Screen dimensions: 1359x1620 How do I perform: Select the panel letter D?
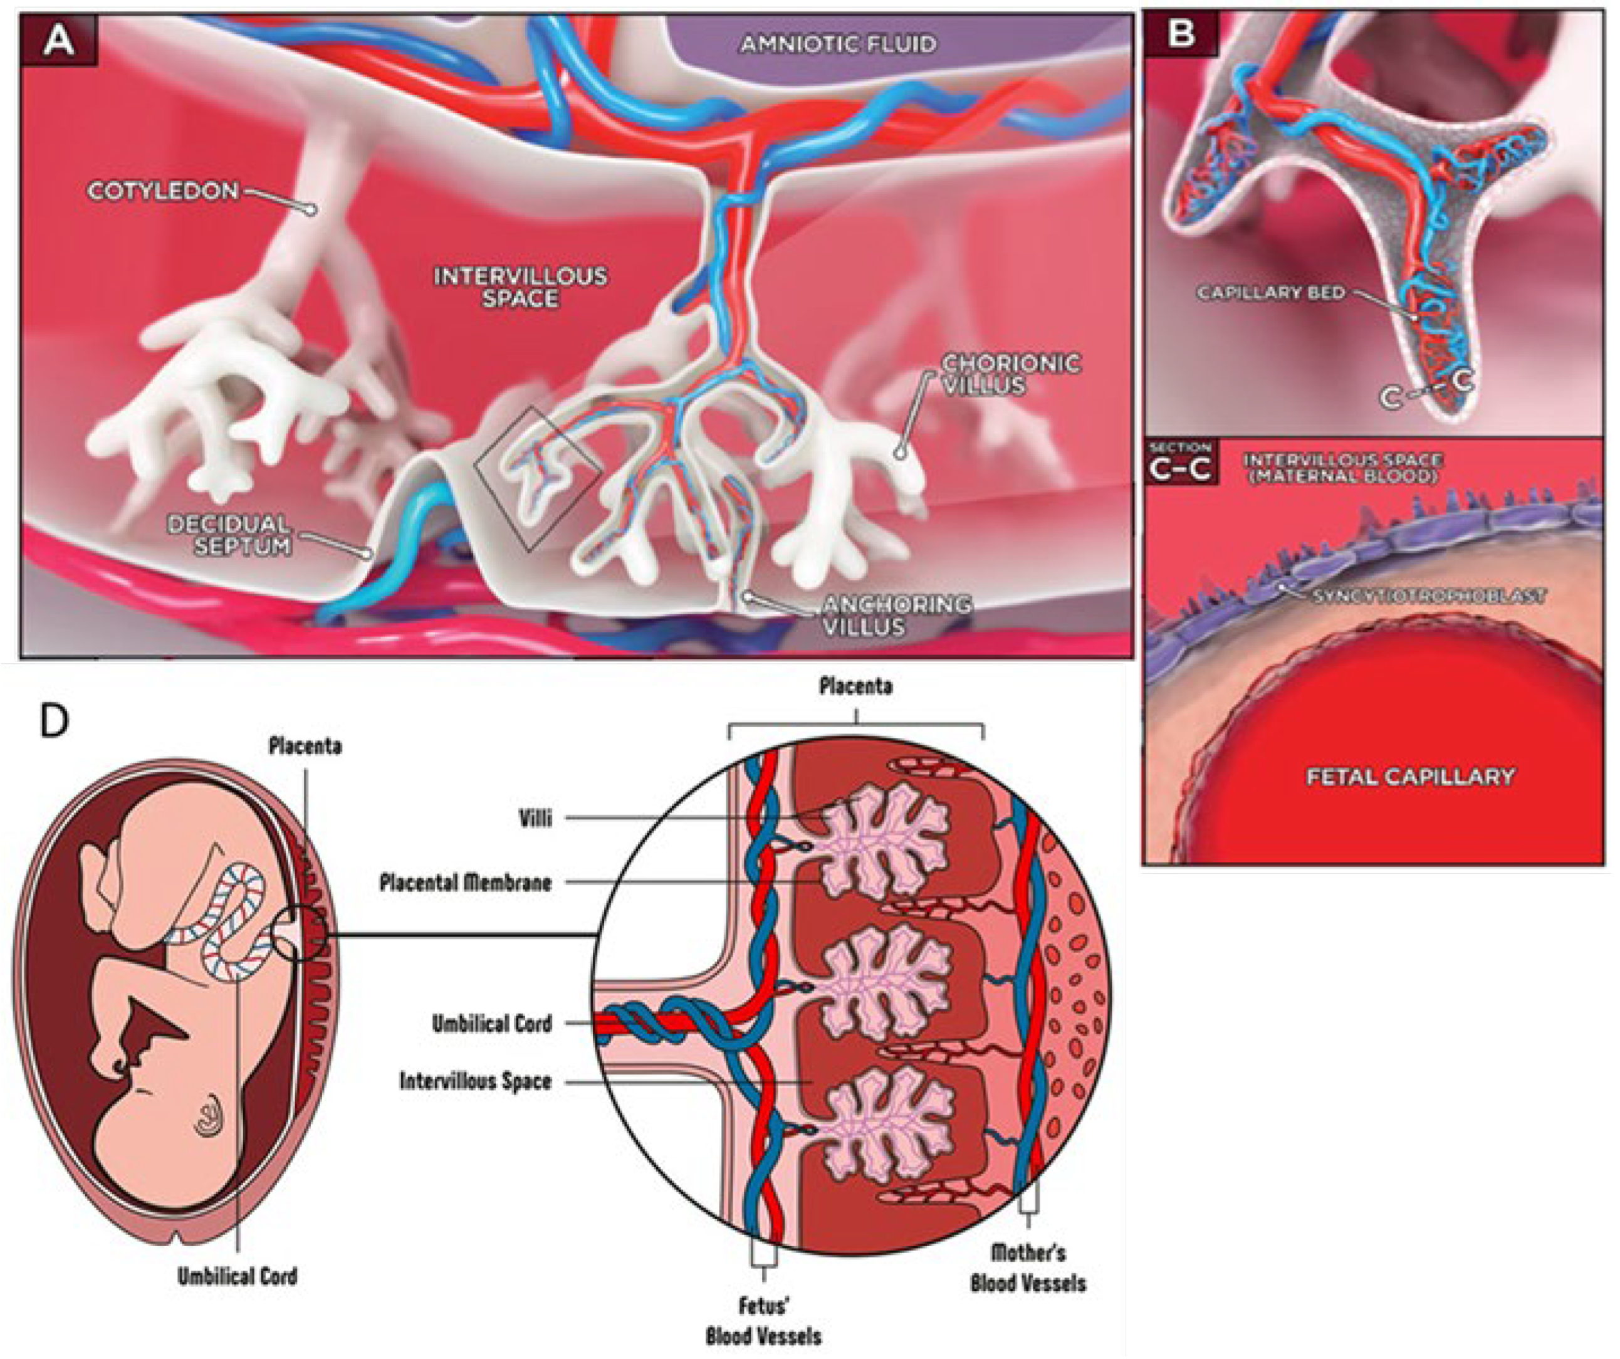tap(54, 721)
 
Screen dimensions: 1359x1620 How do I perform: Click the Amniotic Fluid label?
tap(839, 44)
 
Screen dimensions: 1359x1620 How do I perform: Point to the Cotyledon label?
tap(164, 191)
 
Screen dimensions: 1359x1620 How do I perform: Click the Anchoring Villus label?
tap(896, 614)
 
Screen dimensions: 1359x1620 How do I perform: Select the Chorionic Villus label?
tap(1011, 374)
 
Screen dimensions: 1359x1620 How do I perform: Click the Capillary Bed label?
tap(1270, 293)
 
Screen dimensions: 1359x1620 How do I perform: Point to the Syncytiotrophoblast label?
tap(1429, 596)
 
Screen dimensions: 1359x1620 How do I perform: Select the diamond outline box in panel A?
tap(538, 478)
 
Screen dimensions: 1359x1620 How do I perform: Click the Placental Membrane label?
tap(465, 882)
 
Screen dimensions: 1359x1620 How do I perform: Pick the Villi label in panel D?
tap(535, 817)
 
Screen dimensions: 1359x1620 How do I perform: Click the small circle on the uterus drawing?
tap(303, 934)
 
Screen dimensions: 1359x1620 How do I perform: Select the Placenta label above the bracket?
tap(856, 686)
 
